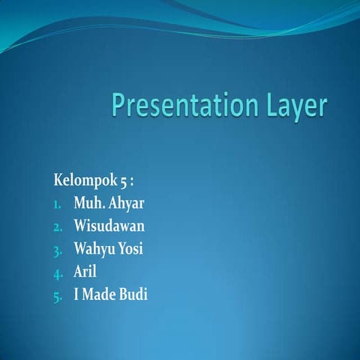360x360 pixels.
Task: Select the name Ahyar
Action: pyautogui.click(x=127, y=203)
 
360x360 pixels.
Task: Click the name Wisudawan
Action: pyautogui.click(x=109, y=225)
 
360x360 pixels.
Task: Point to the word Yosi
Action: pyautogui.click(x=130, y=248)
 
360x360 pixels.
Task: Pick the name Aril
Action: pyautogui.click(x=85, y=271)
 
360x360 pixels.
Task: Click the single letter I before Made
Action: pyautogui.click(x=76, y=293)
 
